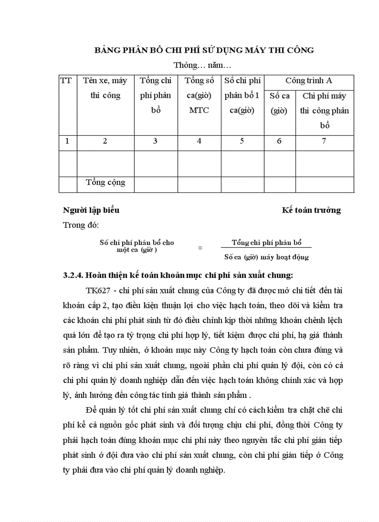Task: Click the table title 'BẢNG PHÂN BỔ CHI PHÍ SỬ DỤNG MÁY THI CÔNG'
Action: [x=204, y=50]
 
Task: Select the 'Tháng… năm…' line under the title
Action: [x=203, y=65]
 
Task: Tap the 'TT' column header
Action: [x=66, y=80]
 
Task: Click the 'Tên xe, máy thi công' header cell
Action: [x=105, y=88]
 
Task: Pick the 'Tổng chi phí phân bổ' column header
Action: [x=156, y=95]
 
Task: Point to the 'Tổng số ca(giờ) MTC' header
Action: [x=199, y=95]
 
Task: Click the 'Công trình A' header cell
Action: [x=309, y=80]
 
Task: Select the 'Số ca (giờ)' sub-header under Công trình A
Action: [x=279, y=103]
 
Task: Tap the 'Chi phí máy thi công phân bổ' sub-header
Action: [x=324, y=111]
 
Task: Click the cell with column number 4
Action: [x=199, y=141]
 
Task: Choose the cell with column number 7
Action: [x=324, y=141]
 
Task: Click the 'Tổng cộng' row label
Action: [x=105, y=182]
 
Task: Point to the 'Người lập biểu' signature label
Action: [x=91, y=210]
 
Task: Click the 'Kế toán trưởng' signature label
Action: [x=311, y=210]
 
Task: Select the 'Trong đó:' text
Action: [x=81, y=225]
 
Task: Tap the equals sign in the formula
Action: [x=200, y=248]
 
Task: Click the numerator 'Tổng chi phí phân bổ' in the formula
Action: [x=267, y=243]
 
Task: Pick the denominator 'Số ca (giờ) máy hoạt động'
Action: [x=266, y=257]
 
